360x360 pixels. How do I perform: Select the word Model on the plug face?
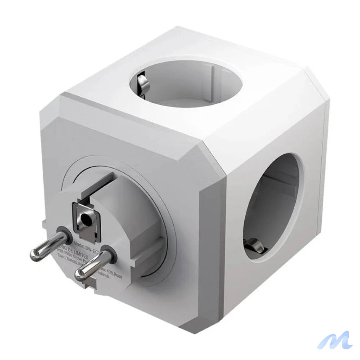82,242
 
